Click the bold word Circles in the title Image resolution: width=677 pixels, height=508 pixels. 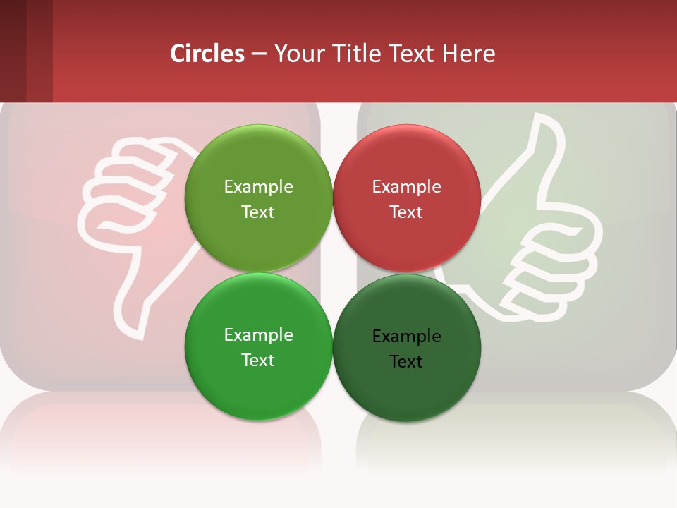coord(207,54)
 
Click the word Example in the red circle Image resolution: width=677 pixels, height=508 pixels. coord(406,187)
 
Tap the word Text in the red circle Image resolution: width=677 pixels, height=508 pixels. coord(406,212)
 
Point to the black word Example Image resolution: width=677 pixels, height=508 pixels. coord(406,337)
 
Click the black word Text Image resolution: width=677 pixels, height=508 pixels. coord(406,362)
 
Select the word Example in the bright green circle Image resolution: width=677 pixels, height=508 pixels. coord(258,335)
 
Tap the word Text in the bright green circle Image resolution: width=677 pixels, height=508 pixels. coord(258,361)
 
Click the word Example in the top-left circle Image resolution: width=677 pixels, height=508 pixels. coord(258,187)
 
